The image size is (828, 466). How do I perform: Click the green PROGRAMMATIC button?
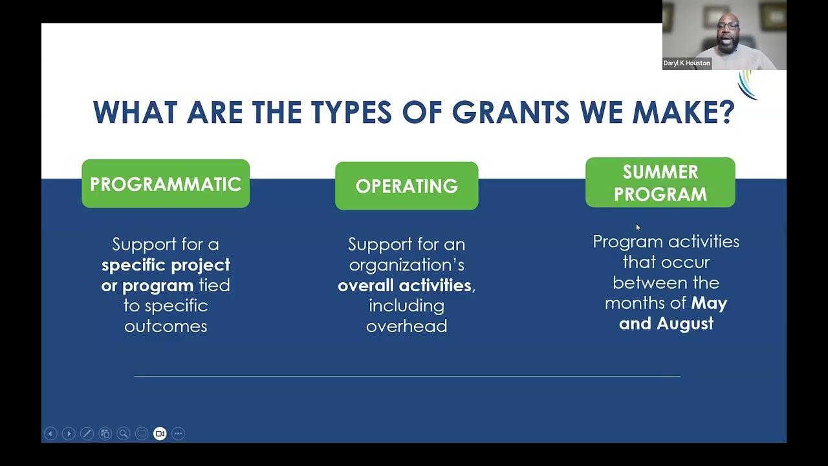coord(166,184)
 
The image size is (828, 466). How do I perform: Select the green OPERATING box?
coord(406,186)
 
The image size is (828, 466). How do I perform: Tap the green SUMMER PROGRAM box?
coord(660,183)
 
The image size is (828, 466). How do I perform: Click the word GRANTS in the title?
coord(510,113)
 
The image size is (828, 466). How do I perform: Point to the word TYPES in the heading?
coord(351,113)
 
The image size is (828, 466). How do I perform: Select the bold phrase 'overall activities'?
coord(404,285)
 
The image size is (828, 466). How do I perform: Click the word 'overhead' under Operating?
coord(406,326)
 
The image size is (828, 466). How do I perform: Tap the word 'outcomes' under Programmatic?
coord(166,326)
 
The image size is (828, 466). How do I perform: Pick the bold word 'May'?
coord(709,303)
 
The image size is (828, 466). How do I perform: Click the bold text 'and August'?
coord(666,324)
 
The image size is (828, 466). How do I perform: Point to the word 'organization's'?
coord(406,265)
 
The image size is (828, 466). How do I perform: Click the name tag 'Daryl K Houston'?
coord(687,63)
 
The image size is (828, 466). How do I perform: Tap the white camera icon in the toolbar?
coord(160,434)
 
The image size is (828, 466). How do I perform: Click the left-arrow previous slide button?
coord(50,434)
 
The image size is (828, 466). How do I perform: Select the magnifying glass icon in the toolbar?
coord(123,434)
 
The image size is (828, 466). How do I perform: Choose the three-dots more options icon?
coord(178,434)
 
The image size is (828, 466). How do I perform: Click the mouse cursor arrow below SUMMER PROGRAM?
coord(638,227)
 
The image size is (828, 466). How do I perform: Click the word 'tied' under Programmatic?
coord(214,285)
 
